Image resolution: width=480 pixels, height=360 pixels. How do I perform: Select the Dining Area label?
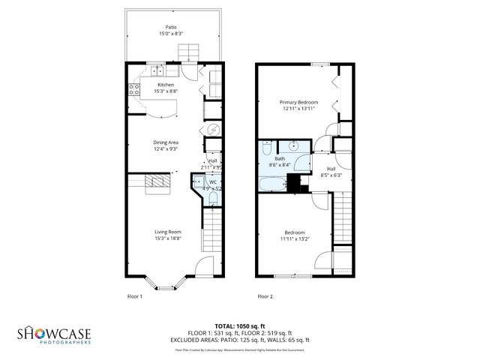point(166,145)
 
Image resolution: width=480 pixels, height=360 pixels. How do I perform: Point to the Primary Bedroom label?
point(298,104)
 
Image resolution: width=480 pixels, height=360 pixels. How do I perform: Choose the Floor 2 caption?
point(265,296)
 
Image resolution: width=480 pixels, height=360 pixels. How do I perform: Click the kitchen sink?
point(156,71)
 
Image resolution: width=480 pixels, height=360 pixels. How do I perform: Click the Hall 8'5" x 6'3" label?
point(331,172)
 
